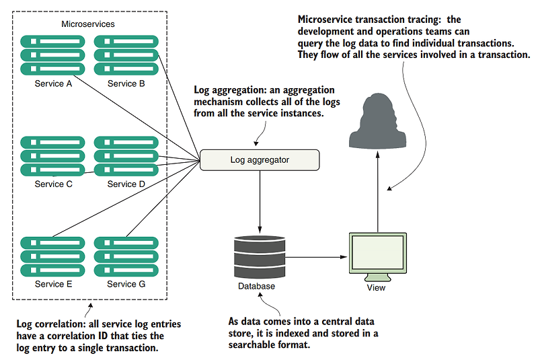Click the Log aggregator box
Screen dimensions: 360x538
click(259, 160)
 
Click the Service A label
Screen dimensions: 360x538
click(53, 84)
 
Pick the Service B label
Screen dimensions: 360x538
click(126, 84)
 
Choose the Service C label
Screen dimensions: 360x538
click(53, 184)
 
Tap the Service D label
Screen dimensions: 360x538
click(126, 184)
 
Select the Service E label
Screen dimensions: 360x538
click(53, 284)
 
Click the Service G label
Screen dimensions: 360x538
click(126, 284)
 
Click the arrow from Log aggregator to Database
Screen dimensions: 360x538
click(259, 199)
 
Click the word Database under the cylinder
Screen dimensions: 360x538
click(256, 287)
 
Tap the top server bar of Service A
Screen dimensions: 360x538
click(53, 40)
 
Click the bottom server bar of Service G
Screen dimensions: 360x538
click(126, 270)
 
